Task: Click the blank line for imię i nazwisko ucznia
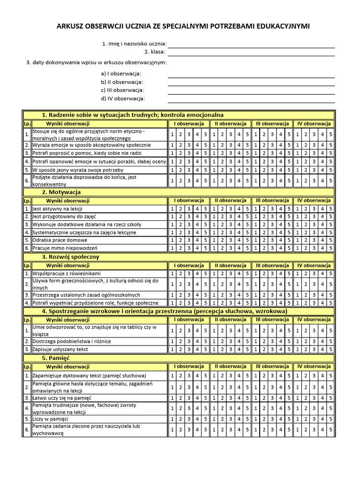(x=251, y=45)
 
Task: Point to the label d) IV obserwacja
(x=123, y=98)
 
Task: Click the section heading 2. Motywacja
(x=61, y=192)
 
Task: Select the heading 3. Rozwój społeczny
(x=71, y=257)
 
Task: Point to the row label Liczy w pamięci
(x=50, y=419)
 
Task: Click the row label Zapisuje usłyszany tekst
(x=60, y=349)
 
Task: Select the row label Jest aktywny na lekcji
(x=57, y=209)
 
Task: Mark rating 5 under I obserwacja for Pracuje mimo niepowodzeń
(x=205, y=248)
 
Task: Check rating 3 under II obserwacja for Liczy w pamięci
(x=230, y=419)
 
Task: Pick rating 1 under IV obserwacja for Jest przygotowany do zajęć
(x=297, y=217)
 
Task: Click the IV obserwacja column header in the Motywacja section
(x=314, y=201)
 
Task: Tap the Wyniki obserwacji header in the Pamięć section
(x=67, y=367)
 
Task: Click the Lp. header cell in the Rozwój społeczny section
(x=27, y=266)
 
